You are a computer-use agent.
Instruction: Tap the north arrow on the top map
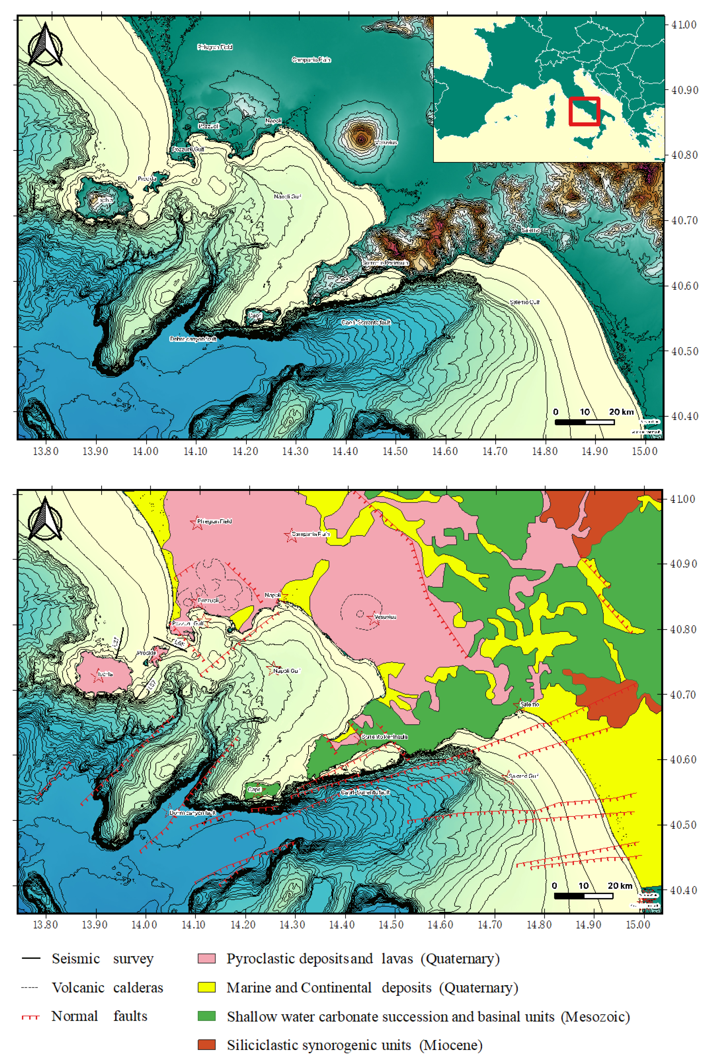pyautogui.click(x=45, y=45)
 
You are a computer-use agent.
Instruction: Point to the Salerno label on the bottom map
pyautogui.click(x=530, y=704)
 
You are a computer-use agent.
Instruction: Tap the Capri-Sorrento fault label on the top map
pyautogui.click(x=366, y=322)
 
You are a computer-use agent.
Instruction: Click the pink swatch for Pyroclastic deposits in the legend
pyautogui.click(x=206, y=958)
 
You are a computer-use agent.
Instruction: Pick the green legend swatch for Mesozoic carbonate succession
pyautogui.click(x=206, y=1016)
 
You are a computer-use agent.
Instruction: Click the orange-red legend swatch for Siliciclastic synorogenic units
pyautogui.click(x=206, y=1045)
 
